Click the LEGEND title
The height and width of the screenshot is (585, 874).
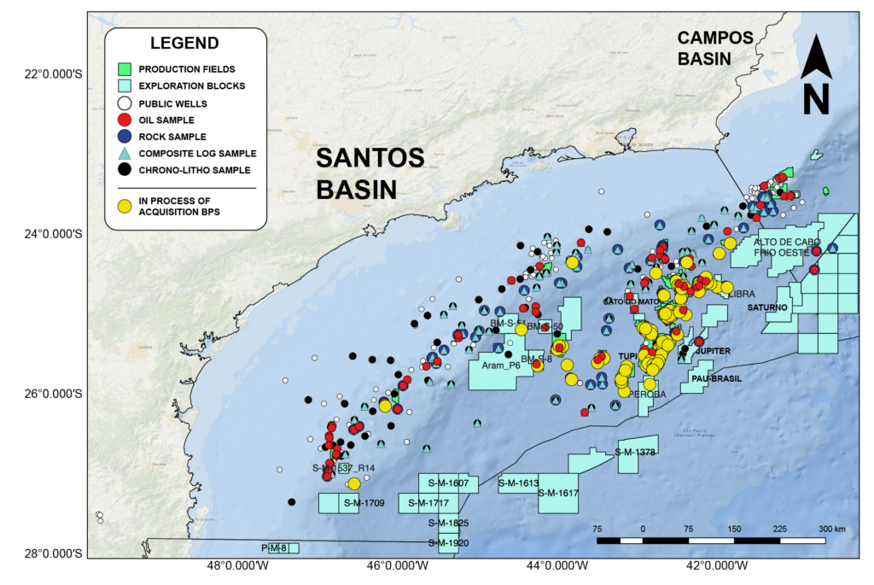[x=184, y=43]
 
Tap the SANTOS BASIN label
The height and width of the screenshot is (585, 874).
[x=370, y=173]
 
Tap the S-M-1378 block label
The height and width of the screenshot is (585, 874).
[x=635, y=452]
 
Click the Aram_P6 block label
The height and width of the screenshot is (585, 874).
[x=501, y=365]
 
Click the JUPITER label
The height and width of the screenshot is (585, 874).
[x=713, y=351]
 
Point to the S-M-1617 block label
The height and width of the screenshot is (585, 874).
[x=558, y=493]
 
